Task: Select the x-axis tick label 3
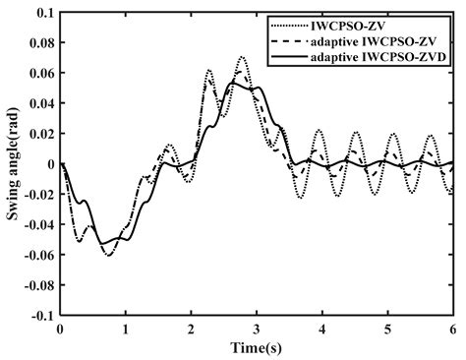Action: tap(257, 330)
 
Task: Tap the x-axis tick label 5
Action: tap(387, 330)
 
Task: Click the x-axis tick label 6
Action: tap(452, 330)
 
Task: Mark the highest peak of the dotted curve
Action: tap(242, 57)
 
